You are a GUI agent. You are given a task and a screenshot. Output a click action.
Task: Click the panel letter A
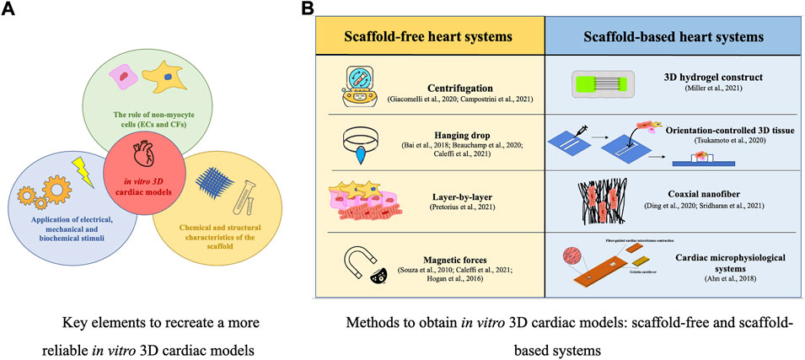coord(12,11)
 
